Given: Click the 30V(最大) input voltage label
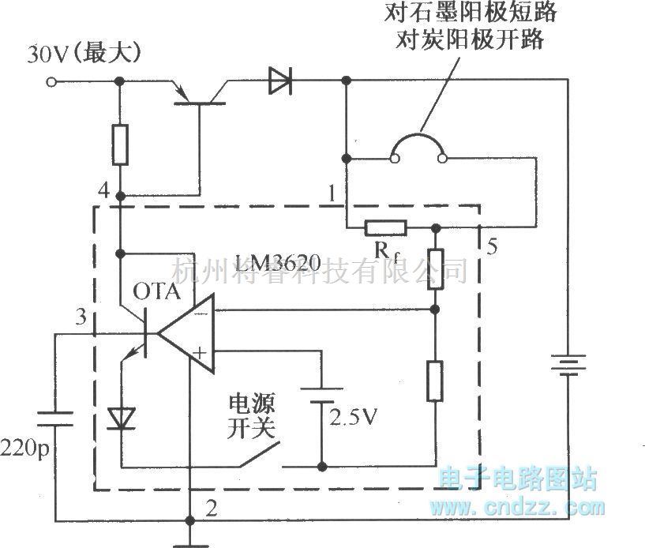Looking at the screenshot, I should coord(84,54).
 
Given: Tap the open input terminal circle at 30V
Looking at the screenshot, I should coord(51,81).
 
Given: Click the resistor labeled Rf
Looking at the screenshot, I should coord(385,229).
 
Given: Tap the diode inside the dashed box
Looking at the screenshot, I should coord(121,418).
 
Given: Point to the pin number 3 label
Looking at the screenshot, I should coord(79,317).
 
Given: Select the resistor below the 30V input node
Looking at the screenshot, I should coord(119,144).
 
